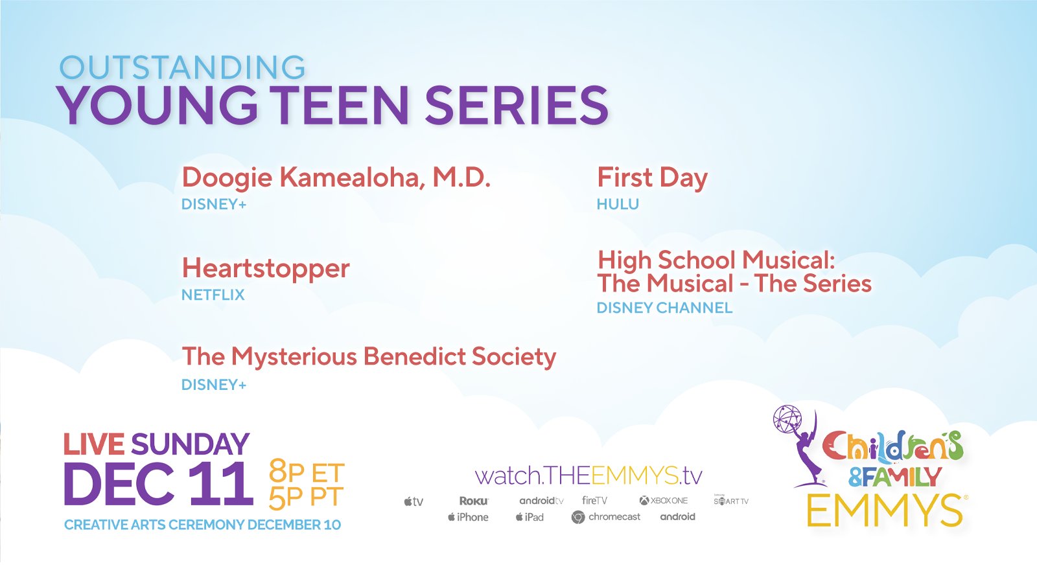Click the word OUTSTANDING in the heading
coord(182,67)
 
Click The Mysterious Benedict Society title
coord(369,357)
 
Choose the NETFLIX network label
coord(213,295)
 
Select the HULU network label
coord(618,204)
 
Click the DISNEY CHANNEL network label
coord(665,308)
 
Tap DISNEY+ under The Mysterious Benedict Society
coord(214,385)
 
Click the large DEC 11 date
coord(158,484)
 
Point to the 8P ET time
coord(307,473)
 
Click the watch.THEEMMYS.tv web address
coord(588,475)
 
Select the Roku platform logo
coord(474,501)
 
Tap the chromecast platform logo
coord(606,517)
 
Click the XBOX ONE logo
coord(664,500)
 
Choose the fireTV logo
coord(594,500)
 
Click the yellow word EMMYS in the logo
coord(885,511)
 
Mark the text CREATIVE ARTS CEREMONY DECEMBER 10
coord(202,525)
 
